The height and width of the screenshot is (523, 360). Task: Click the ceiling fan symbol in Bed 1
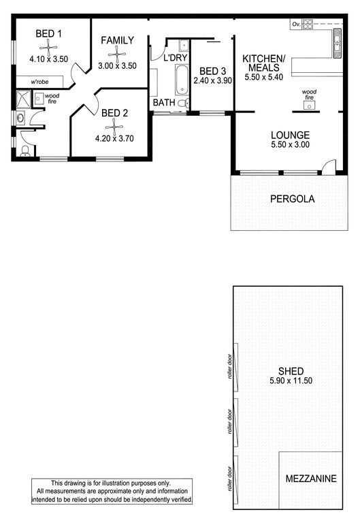coord(49,48)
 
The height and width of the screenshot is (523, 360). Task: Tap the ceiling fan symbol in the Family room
coord(117,54)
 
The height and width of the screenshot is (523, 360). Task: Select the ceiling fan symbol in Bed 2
coord(114,127)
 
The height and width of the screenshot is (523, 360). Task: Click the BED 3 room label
coord(213,71)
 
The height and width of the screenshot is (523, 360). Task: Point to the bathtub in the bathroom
coord(182,80)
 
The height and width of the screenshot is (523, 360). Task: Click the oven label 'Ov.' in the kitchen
coord(296,25)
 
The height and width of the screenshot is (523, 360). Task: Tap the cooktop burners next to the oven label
coord(308,25)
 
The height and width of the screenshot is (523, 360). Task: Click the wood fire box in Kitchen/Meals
coord(310,106)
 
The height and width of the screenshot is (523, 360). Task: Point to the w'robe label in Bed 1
coord(39,82)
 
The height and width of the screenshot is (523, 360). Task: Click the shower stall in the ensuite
coord(23,99)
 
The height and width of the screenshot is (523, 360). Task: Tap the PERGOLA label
coord(293,199)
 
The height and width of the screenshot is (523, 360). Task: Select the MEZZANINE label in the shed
coord(311,479)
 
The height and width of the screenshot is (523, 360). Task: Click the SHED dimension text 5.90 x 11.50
coord(291,381)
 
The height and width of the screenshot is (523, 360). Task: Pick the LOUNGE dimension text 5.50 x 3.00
coord(291,145)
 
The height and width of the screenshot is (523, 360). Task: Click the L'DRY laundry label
coord(176,58)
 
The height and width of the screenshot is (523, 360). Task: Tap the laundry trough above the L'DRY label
coord(184,46)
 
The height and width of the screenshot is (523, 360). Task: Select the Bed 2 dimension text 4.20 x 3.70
coord(114,138)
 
